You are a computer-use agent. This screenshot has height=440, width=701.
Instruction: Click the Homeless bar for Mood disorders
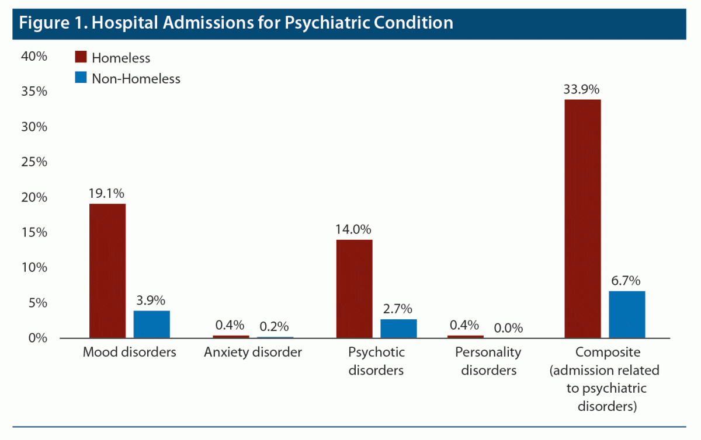tap(107, 271)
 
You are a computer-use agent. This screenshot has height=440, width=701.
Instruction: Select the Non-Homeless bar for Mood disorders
tap(152, 324)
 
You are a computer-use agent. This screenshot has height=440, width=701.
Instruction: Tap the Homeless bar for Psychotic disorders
tap(354, 289)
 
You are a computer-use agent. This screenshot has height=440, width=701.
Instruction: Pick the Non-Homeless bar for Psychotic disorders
tap(399, 329)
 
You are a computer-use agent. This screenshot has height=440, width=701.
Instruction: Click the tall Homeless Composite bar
tap(582, 219)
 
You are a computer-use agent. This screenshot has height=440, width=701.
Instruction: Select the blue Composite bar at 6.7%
tap(627, 315)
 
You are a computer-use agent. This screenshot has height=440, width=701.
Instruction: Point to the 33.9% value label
tap(582, 90)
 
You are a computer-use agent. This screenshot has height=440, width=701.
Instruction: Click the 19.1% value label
tap(107, 194)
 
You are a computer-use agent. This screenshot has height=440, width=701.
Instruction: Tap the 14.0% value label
tap(353, 229)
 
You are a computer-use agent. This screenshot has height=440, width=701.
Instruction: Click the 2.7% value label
tap(399, 309)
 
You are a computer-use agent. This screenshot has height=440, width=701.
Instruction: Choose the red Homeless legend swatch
tap(81, 57)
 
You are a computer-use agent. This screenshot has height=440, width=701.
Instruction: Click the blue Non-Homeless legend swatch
tap(81, 78)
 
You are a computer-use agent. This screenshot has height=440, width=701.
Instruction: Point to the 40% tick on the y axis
tap(34, 56)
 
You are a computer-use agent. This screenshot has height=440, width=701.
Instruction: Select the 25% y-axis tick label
tap(34, 162)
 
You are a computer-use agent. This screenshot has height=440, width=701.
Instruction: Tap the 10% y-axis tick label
tap(34, 267)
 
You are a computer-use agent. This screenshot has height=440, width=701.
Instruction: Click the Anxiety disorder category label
tap(253, 352)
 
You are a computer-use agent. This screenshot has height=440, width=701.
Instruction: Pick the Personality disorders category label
tap(489, 361)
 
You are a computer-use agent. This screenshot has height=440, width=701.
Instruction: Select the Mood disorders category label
tap(129, 352)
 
